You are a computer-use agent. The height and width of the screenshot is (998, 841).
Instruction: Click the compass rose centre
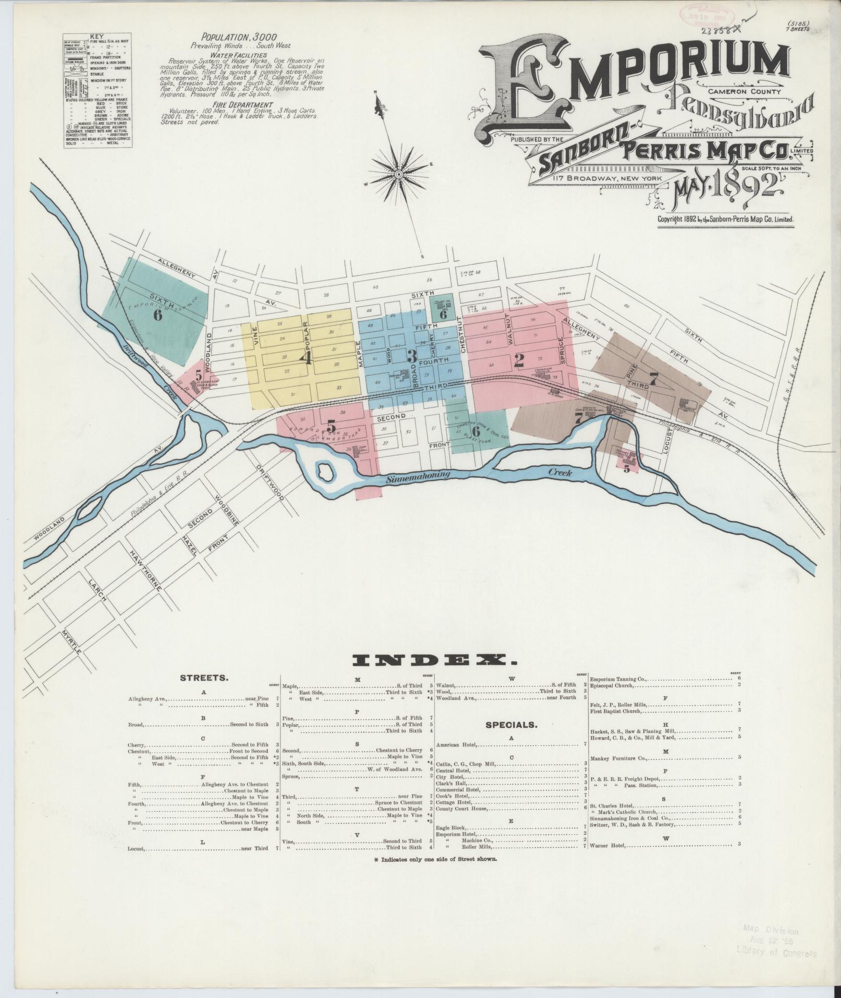pos(398,173)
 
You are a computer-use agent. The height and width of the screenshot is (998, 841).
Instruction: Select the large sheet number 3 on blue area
pos(411,356)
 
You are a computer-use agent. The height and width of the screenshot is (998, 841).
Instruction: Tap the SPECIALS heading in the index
pos(511,725)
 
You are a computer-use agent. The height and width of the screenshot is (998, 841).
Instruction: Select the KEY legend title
pos(97,37)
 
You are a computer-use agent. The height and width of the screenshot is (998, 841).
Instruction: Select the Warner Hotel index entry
pos(607,844)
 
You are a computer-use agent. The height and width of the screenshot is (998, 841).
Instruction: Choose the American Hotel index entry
pos(455,744)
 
